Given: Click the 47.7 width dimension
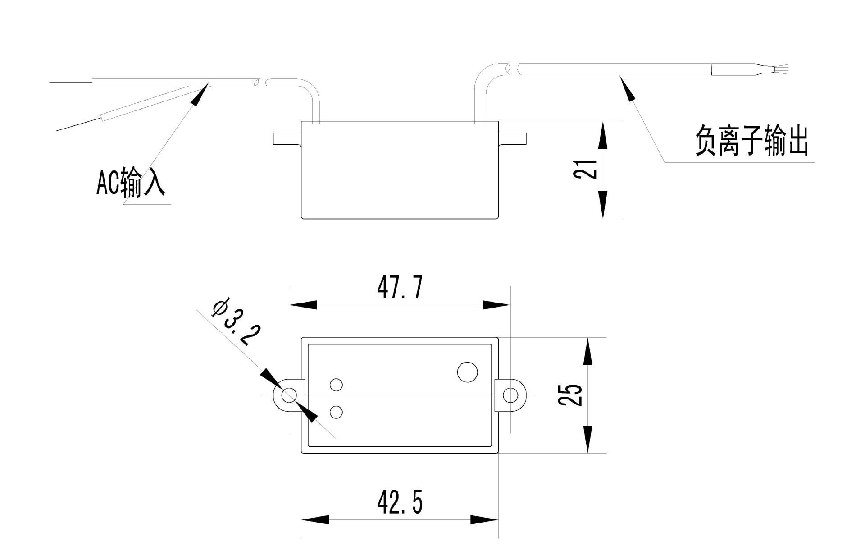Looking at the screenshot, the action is click(x=400, y=287).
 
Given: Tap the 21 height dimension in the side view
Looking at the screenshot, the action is click(x=585, y=169).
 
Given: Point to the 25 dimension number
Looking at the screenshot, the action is click(x=570, y=395).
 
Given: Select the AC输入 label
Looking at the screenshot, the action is click(x=131, y=183).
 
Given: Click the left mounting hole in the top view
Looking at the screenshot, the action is click(x=288, y=395).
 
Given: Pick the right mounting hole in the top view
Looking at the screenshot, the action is click(x=510, y=395).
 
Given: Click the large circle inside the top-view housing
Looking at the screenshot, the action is click(x=467, y=372).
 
